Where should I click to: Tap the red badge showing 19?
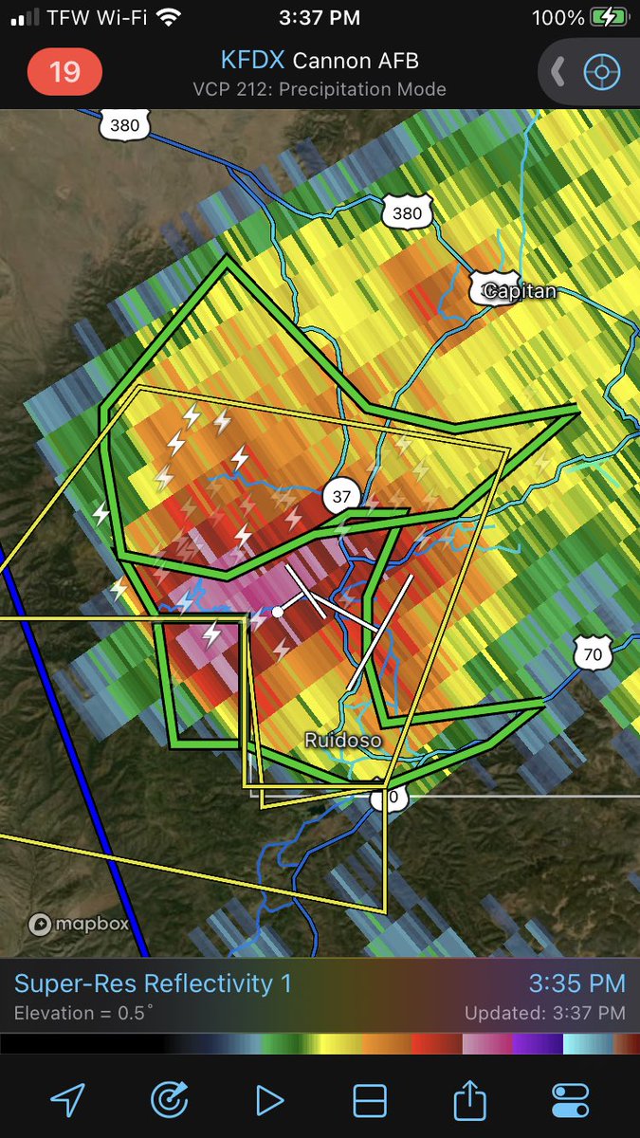[x=64, y=72]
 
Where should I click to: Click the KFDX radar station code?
[x=252, y=61]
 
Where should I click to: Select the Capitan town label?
[x=518, y=291]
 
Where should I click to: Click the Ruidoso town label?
[x=342, y=740]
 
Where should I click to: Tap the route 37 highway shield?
[x=341, y=494]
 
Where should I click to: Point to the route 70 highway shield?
[x=592, y=652]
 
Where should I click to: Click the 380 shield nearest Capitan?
[x=407, y=213]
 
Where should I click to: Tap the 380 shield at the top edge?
[x=124, y=123]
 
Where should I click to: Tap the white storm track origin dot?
[x=278, y=612]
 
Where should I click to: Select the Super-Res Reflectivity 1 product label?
[x=153, y=983]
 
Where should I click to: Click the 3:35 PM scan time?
[x=576, y=983]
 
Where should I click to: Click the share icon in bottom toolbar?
[x=468, y=1100]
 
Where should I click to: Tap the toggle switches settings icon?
[x=570, y=1100]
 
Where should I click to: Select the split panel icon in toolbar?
[x=370, y=1100]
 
